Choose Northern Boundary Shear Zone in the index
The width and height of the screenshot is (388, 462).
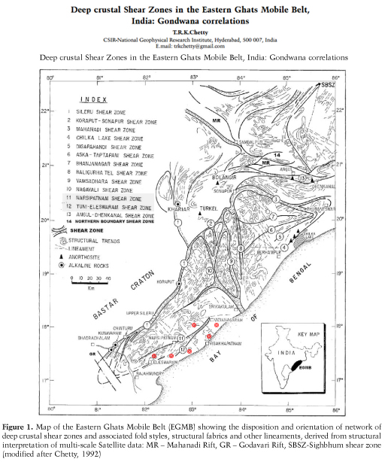(x=120, y=224)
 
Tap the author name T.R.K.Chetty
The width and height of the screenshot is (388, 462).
(x=194, y=35)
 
